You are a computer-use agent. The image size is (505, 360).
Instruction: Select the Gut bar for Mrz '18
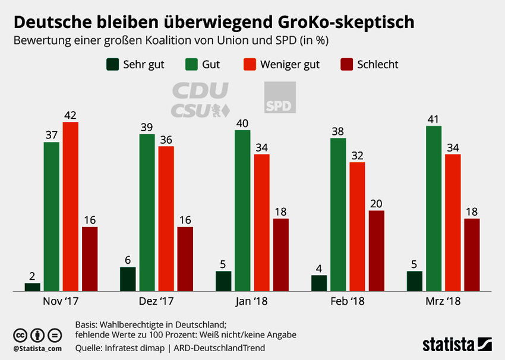tap(434, 209)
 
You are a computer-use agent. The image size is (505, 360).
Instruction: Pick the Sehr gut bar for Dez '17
tap(128, 279)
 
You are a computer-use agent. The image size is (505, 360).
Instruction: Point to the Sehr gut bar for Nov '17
tap(33, 287)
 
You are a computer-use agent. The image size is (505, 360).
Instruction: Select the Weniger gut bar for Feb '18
tap(357, 226)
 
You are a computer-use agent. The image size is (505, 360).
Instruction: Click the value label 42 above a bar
tap(70, 115)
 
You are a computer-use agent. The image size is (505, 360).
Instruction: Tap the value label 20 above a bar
tap(376, 203)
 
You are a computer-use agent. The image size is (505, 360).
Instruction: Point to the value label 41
tap(434, 119)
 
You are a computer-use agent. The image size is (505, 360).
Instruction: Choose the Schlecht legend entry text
tap(378, 65)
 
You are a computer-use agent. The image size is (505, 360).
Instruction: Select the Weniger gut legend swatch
tap(250, 65)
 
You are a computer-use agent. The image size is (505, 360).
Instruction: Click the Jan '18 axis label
tap(252, 301)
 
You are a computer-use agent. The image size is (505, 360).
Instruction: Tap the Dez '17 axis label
tap(157, 301)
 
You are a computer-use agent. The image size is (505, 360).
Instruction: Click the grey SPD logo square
tap(279, 98)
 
